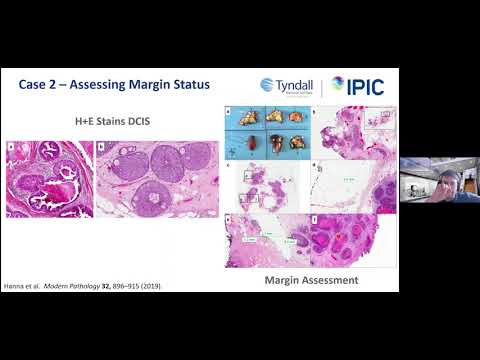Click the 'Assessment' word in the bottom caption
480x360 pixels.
point(329,280)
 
